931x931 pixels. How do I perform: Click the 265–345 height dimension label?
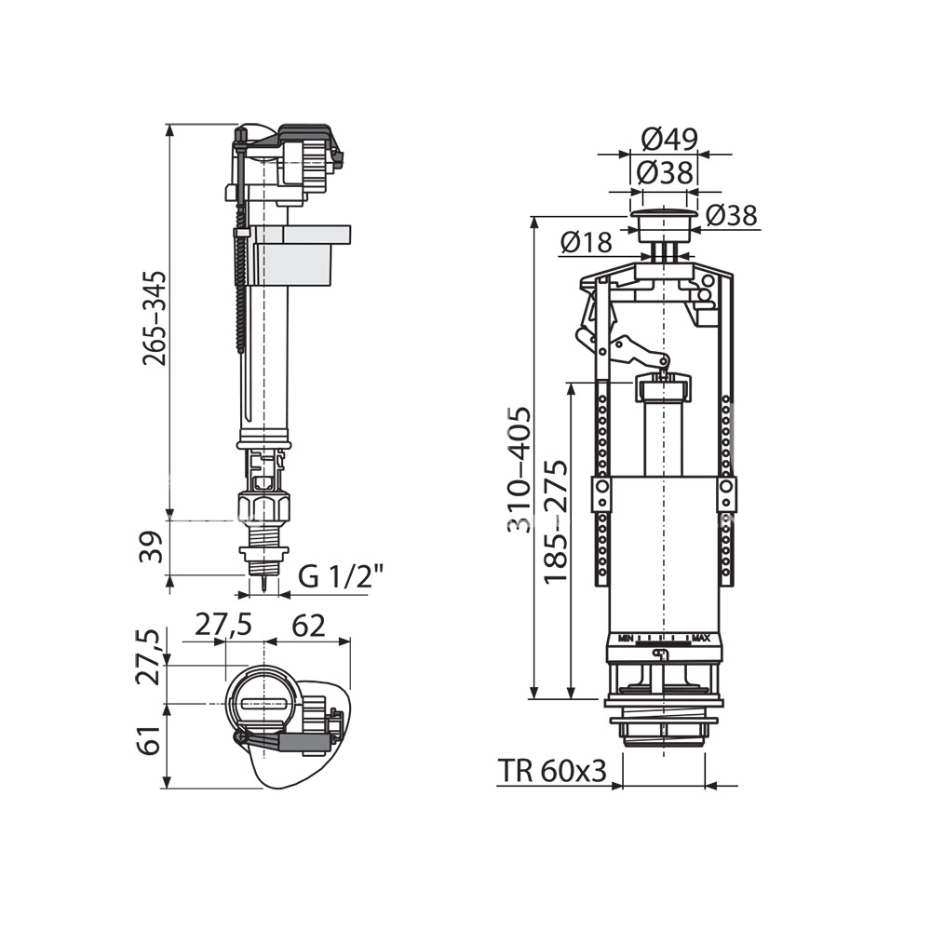pyautogui.click(x=154, y=318)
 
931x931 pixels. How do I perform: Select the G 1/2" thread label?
pyautogui.click(x=342, y=576)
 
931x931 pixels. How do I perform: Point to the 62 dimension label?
pyautogui.click(x=308, y=626)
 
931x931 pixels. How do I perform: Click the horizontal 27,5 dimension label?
pyautogui.click(x=223, y=626)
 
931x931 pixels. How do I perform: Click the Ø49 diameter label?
pyautogui.click(x=669, y=140)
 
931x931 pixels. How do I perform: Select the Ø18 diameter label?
pyautogui.click(x=585, y=242)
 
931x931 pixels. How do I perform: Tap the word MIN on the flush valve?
pyautogui.click(x=626, y=639)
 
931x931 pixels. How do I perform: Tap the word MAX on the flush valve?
pyautogui.click(x=701, y=639)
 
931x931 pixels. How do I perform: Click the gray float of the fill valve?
pyautogui.click(x=303, y=255)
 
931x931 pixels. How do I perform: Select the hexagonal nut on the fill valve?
pyautogui.click(x=263, y=505)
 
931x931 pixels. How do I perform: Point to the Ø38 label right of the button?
pyautogui.click(x=732, y=216)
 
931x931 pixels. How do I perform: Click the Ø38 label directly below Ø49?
pyautogui.click(x=665, y=173)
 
